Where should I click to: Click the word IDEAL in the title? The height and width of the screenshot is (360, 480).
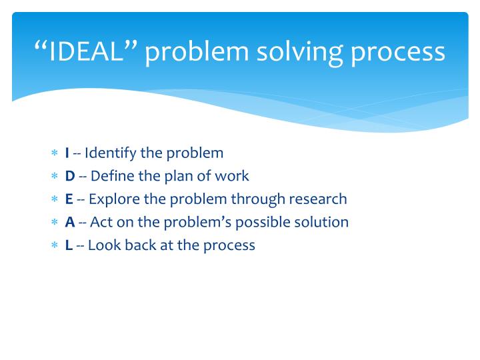click(x=87, y=51)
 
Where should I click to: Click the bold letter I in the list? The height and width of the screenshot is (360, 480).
click(x=67, y=153)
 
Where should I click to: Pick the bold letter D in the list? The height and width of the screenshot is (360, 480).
click(x=70, y=176)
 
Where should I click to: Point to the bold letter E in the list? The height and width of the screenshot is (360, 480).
click(x=69, y=199)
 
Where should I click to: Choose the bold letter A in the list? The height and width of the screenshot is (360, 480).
click(x=69, y=222)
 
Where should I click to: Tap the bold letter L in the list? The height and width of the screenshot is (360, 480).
click(x=69, y=245)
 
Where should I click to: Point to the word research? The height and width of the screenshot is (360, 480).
click(x=318, y=199)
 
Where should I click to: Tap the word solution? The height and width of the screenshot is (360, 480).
click(x=323, y=222)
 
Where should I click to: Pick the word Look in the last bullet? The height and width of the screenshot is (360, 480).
click(x=101, y=245)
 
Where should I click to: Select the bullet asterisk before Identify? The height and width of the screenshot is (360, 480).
click(x=55, y=154)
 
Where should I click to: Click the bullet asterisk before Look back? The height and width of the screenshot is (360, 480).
click(x=55, y=245)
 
